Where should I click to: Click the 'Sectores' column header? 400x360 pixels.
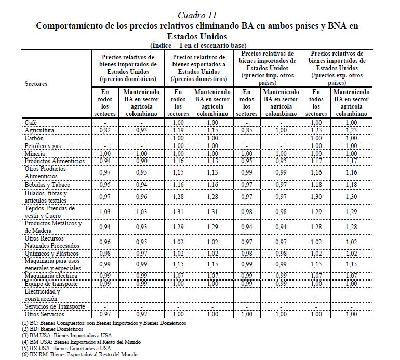(x=36, y=83)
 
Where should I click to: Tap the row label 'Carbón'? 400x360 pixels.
(x=34, y=139)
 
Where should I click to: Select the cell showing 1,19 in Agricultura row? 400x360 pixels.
(x=178, y=130)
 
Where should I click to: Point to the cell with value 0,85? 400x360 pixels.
(x=247, y=130)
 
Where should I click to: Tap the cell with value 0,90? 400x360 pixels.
(x=140, y=161)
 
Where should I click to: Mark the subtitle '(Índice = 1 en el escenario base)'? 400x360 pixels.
(x=197, y=45)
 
